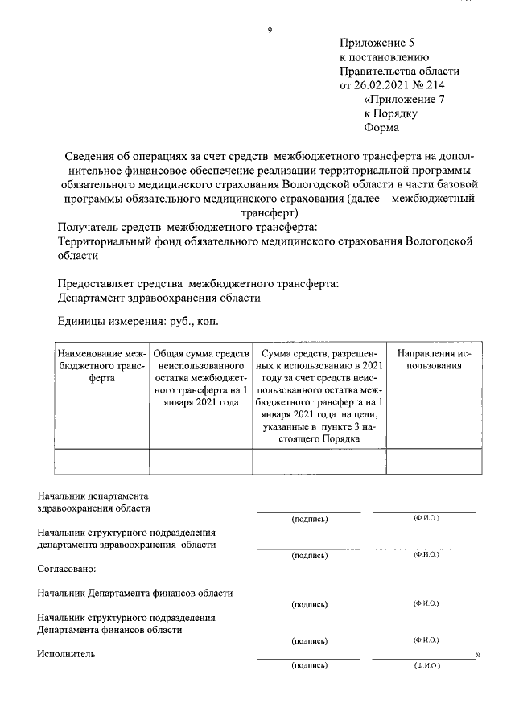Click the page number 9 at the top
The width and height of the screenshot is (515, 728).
(270, 31)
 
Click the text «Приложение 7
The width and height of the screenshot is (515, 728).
(404, 99)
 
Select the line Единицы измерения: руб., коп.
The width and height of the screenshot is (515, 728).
(138, 320)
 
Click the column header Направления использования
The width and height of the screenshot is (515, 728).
(433, 359)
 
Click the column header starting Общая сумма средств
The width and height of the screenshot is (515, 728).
(200, 377)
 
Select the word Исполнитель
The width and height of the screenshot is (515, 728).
(66, 654)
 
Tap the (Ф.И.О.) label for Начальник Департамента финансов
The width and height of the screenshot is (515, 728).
(425, 603)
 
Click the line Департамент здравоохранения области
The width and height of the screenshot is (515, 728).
(159, 298)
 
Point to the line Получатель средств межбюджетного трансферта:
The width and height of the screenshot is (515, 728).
(187, 227)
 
